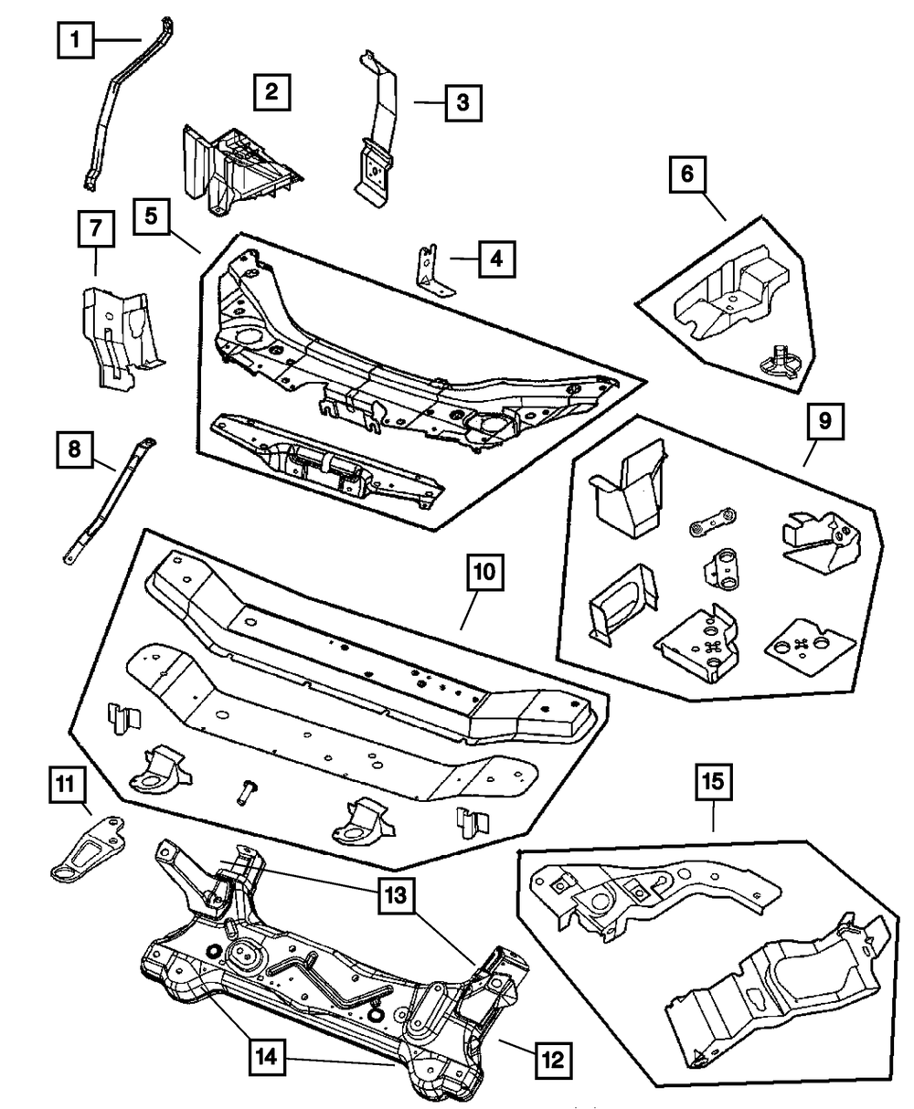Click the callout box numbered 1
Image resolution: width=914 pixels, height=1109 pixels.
click(75, 39)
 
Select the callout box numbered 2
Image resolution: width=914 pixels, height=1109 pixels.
click(272, 91)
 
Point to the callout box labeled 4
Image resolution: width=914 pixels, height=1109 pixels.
click(495, 259)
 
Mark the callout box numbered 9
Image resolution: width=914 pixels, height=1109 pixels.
click(824, 422)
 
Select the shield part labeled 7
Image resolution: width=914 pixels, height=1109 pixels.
click(121, 333)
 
